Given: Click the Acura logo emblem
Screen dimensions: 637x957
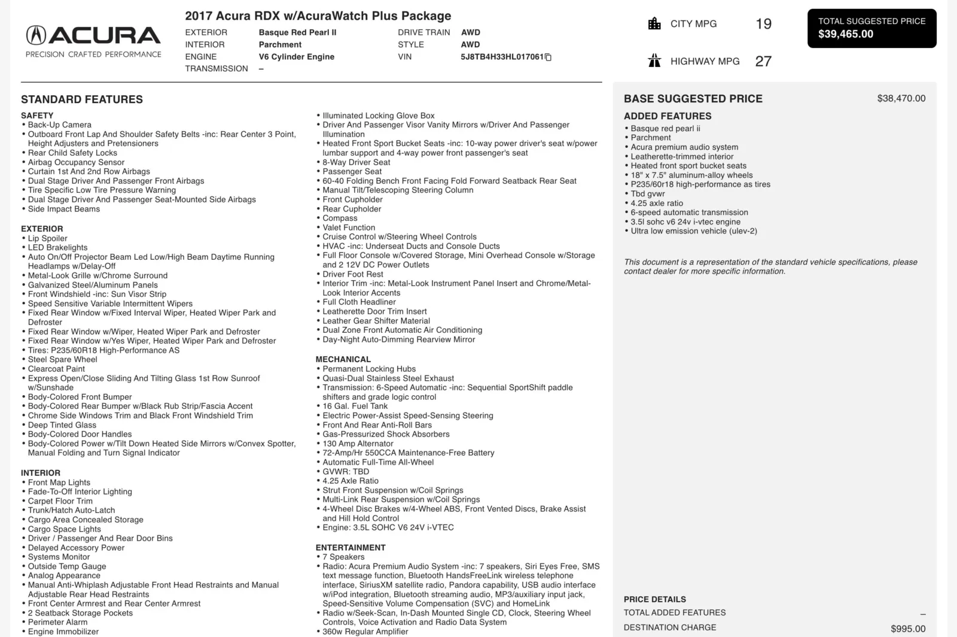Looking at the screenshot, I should point(36,35).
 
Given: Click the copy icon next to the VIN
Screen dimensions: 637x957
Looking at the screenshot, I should point(548,57).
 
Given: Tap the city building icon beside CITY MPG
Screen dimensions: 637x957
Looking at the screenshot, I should point(654,24).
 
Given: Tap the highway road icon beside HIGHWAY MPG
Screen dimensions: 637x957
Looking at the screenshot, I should point(654,61).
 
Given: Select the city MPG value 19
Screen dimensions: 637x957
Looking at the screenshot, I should point(763,24).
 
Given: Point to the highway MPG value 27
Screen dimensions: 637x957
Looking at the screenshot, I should point(763,61).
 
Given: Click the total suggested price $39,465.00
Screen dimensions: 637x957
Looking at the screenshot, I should point(845,34).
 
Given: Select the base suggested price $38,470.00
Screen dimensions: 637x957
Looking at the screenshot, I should point(901,98).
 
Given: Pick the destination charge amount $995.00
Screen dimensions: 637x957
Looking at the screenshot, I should point(908,629).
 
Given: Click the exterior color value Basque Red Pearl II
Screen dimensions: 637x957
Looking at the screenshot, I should point(297,32).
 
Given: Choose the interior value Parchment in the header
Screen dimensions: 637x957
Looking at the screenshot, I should point(280,44).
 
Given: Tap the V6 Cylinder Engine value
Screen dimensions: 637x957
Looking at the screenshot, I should point(296,57).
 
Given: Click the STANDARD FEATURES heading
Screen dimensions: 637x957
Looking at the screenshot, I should point(82,99).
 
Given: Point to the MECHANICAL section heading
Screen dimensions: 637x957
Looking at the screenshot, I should point(343,359).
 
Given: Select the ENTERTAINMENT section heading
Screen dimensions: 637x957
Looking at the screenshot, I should point(351,547).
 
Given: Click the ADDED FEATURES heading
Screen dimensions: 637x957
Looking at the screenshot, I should point(668,116).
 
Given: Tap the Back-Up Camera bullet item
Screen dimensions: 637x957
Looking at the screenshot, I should point(59,125).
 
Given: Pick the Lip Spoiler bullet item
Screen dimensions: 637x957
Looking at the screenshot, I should point(47,238).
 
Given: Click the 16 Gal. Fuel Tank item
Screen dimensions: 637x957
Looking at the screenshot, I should point(355,406).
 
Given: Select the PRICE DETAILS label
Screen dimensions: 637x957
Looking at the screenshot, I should point(654,599).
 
